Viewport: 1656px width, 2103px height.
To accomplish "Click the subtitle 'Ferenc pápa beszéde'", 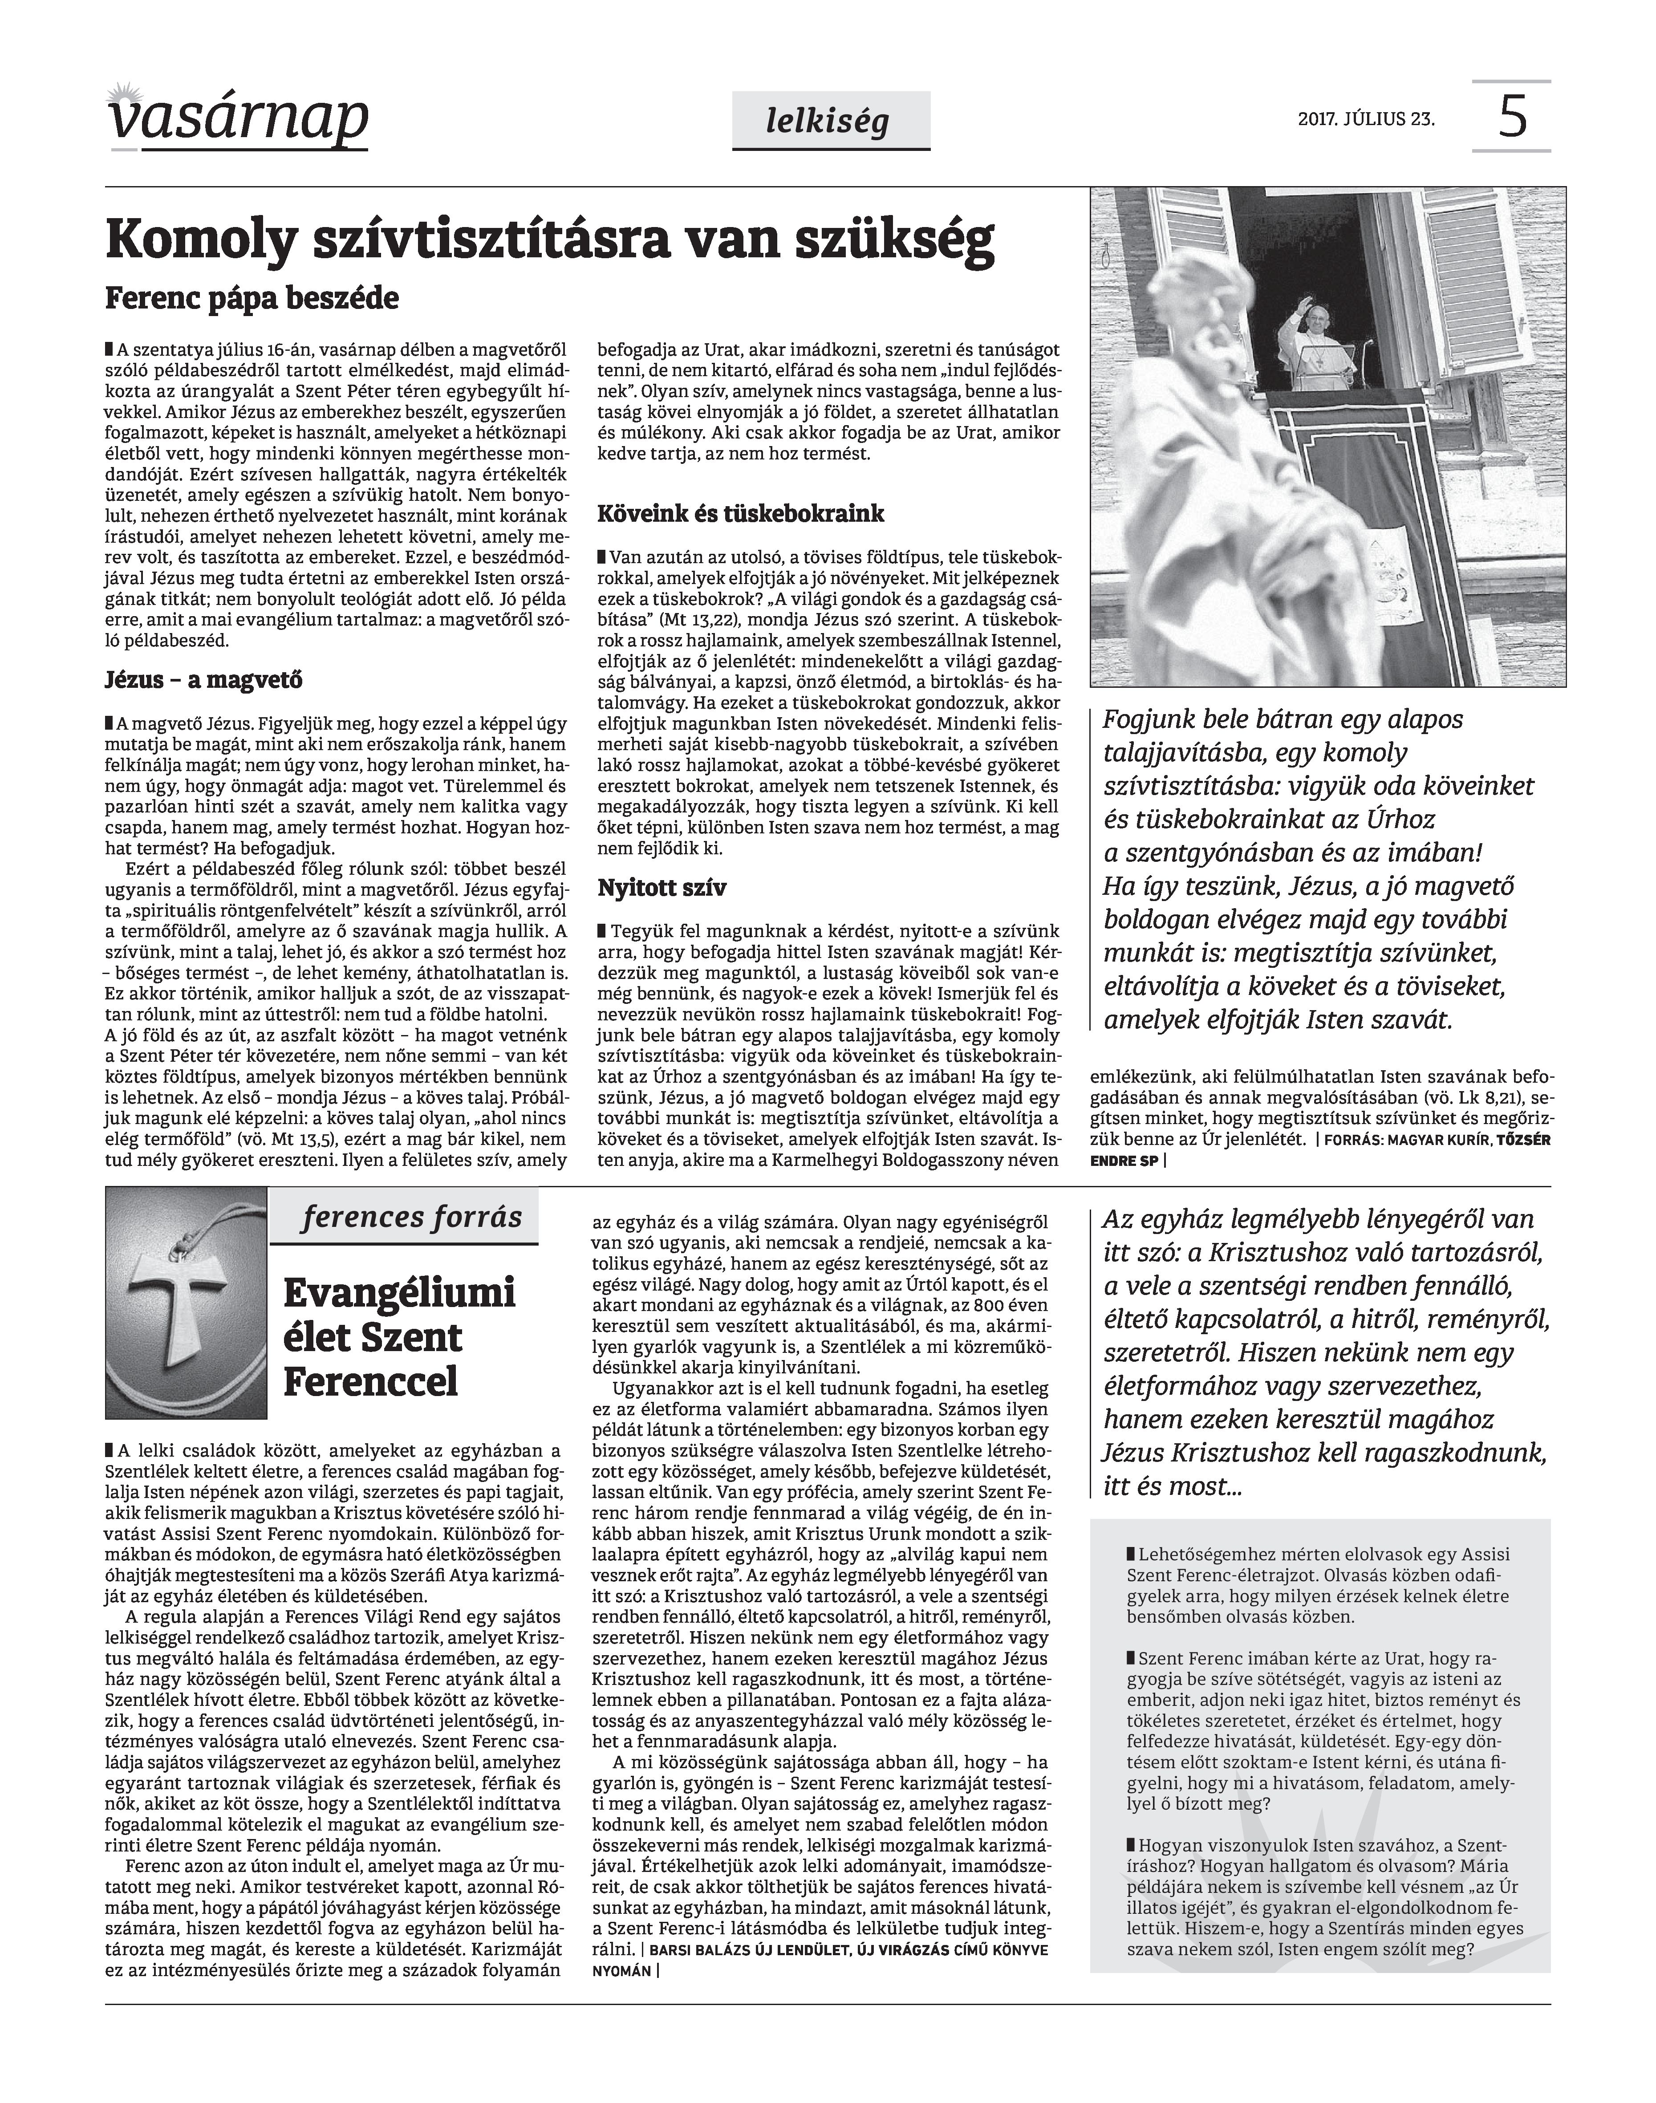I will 252,298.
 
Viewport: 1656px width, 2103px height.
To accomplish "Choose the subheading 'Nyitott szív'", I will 662,888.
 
